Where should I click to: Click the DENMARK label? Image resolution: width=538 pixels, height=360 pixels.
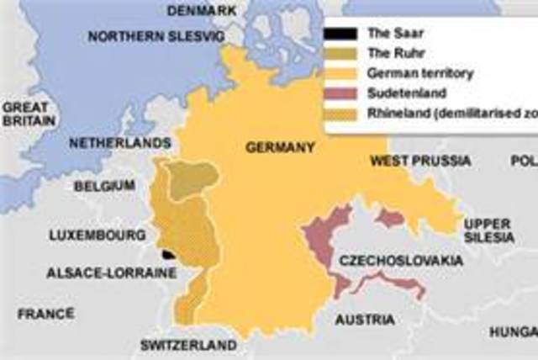click(202, 10)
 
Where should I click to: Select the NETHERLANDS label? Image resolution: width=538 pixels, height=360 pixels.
click(108, 143)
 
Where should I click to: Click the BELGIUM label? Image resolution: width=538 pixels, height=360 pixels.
click(104, 185)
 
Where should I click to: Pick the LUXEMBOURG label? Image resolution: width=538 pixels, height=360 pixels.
click(87, 235)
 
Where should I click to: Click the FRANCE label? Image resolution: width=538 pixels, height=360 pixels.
click(46, 313)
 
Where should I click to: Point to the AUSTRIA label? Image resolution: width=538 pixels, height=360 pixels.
click(365, 320)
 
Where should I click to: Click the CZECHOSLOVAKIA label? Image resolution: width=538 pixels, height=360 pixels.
click(401, 262)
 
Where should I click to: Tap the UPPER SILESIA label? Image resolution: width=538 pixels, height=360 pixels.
click(488, 230)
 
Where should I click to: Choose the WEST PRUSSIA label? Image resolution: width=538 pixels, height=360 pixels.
click(409, 161)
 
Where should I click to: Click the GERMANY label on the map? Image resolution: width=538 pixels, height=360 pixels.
click(280, 147)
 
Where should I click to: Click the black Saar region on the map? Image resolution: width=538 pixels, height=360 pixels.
click(169, 253)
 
